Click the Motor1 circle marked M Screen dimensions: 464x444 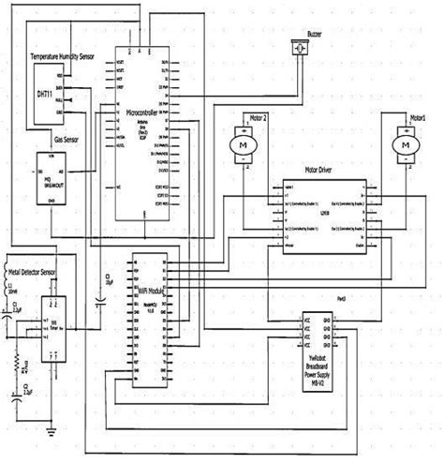pos(403,145)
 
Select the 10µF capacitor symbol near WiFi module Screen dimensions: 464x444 pos(99,302)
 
